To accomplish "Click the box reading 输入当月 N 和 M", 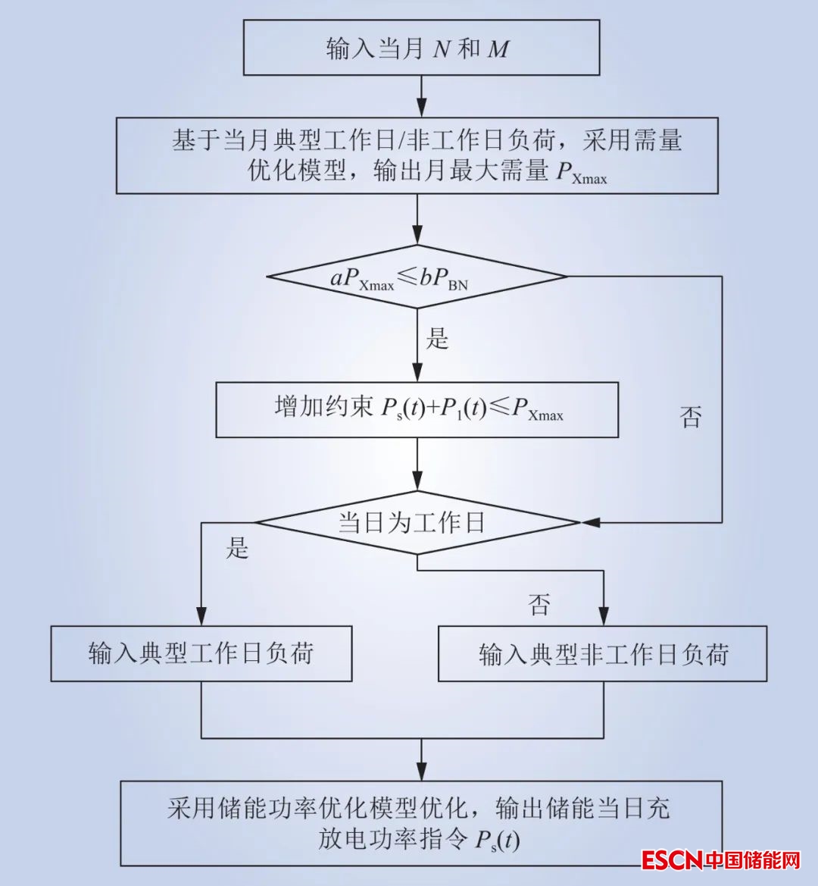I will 421,49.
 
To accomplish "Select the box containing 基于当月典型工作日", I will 417,155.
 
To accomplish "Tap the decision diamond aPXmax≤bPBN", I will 417,277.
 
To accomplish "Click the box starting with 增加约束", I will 417,409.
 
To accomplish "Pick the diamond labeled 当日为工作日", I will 417,522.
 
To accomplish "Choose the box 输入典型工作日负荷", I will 201,653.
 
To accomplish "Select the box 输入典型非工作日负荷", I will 603,653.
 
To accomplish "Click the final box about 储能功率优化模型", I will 421,823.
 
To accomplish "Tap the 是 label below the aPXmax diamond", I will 438,338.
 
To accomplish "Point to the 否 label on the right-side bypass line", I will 691,417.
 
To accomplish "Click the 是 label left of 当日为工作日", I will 237,548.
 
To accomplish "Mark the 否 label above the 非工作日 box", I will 539,604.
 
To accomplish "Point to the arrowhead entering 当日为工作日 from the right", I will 589,522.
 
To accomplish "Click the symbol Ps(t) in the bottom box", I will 497,841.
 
